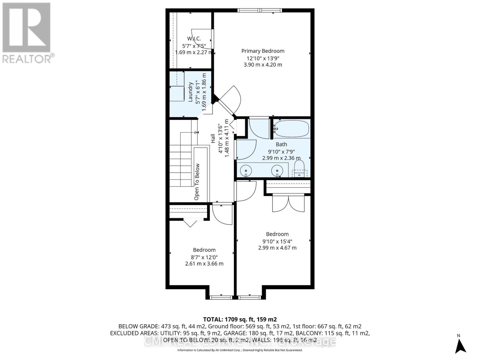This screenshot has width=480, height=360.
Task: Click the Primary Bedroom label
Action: click(263, 51)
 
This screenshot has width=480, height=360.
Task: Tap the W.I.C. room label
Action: click(194, 39)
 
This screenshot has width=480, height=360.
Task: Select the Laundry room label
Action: click(190, 92)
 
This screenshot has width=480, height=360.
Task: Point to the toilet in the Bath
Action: click(299, 169)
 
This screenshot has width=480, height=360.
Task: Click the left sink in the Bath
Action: click(246, 170)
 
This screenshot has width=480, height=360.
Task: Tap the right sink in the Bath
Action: click(277, 170)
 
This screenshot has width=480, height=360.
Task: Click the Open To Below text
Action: click(197, 182)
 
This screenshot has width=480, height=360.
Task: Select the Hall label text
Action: click(213, 139)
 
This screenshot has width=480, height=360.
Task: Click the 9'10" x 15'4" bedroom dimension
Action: click(277, 241)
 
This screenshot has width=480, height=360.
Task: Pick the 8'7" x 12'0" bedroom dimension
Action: click(204, 257)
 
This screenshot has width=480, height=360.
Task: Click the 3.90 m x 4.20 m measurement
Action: click(263, 64)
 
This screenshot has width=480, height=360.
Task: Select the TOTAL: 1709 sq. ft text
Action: click(240, 319)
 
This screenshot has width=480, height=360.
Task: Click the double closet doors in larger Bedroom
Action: click(288, 203)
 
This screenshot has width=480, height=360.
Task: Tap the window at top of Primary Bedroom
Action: click(260, 11)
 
